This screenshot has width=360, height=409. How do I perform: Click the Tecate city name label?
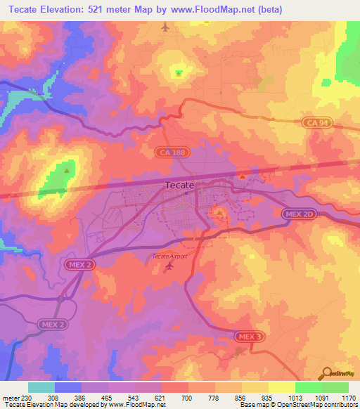click(179, 185)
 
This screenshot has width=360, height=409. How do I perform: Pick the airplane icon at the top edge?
click(165, 27)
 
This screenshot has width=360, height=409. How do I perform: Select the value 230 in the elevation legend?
click(27, 397)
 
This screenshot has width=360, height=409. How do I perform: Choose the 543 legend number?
click(134, 397)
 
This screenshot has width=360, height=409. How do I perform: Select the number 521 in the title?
click(104, 9)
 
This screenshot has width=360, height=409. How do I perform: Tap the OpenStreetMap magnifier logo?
click(327, 374)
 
